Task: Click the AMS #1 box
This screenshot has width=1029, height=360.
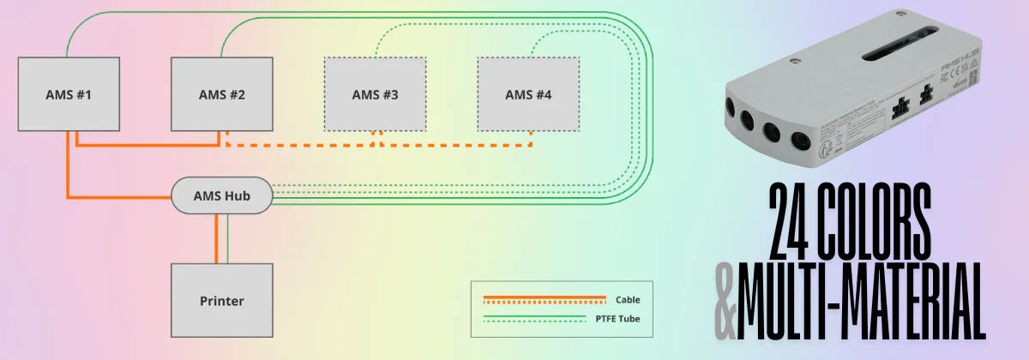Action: click(68, 94)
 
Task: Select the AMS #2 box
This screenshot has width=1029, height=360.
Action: click(222, 94)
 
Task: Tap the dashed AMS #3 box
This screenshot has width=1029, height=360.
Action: click(375, 94)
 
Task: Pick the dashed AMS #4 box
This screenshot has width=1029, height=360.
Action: click(528, 94)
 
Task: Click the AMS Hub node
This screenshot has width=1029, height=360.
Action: click(222, 196)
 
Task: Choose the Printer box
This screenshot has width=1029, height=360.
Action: click(222, 301)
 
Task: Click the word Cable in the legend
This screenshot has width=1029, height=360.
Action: click(628, 300)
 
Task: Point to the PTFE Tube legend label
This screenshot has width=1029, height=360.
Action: click(616, 319)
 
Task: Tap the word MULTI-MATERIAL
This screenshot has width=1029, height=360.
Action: click(861, 301)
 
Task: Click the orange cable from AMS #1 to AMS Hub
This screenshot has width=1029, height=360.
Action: click(69, 171)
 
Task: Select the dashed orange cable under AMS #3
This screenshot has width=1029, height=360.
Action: click(375, 143)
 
